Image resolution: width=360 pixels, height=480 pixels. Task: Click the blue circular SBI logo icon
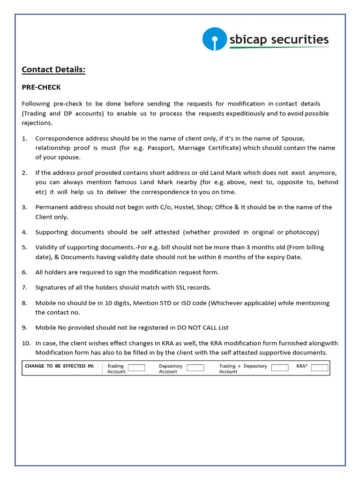point(214,39)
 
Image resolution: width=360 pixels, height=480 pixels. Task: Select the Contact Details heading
point(53,70)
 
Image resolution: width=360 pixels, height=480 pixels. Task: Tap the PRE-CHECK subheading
point(41,87)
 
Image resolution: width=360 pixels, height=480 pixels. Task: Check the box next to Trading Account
point(136,368)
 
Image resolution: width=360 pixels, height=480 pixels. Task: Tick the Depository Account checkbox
point(195,368)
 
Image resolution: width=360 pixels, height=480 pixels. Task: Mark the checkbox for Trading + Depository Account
point(280,368)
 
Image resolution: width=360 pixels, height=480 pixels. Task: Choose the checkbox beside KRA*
point(320,368)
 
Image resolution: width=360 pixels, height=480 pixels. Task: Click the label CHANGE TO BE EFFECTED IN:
point(60,366)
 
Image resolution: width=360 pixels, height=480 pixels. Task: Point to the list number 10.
point(26,343)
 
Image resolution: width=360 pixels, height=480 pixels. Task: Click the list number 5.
point(24,247)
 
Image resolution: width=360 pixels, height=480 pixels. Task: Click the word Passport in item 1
point(160,148)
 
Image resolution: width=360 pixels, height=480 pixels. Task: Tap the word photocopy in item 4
point(301,232)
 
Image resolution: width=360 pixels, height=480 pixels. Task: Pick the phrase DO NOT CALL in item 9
point(191,328)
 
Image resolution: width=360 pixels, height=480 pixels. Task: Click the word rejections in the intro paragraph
point(37,123)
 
